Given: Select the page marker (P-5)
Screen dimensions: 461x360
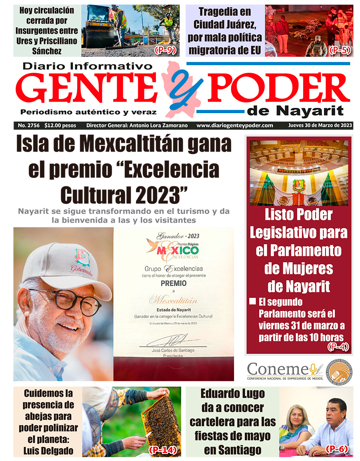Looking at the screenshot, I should click(x=340, y=50).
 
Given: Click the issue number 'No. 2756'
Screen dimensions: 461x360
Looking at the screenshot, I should click(x=29, y=126).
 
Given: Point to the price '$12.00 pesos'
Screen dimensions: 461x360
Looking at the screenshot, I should click(x=60, y=126).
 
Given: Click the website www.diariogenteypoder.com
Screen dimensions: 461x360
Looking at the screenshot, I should click(x=235, y=126).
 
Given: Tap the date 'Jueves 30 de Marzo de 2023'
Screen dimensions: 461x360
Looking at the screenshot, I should click(x=320, y=126).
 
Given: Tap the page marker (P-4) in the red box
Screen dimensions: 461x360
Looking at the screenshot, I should click(x=338, y=347).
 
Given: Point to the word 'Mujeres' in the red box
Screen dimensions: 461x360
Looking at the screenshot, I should click(x=298, y=268).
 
